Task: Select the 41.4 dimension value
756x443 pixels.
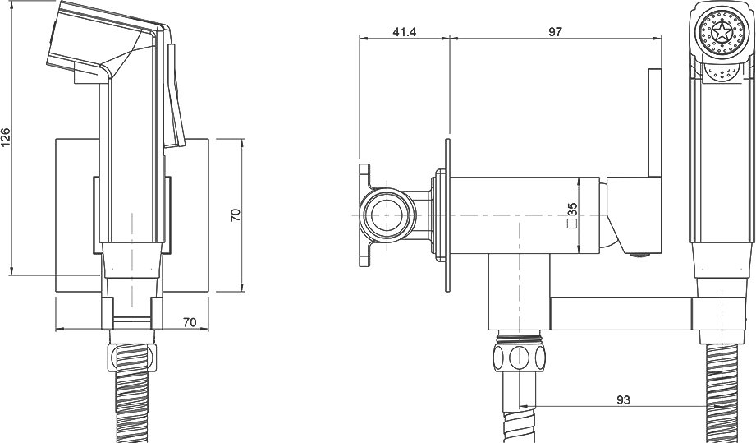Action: click(405, 32)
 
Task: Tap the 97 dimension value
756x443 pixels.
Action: click(555, 32)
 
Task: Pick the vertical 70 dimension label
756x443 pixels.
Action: click(236, 215)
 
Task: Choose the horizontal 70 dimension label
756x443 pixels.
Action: click(190, 322)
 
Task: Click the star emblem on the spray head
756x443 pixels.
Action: click(722, 35)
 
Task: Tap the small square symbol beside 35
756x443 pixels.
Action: click(573, 223)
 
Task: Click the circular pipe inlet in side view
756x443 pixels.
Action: click(388, 215)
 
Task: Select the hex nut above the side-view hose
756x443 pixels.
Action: click(519, 357)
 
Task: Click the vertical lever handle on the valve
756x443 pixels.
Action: click(655, 123)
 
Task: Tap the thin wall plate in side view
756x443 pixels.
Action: click(447, 215)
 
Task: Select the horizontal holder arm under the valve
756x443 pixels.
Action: click(621, 314)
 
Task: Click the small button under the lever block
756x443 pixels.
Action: click(640, 256)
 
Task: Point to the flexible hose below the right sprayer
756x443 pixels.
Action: click(722, 394)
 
